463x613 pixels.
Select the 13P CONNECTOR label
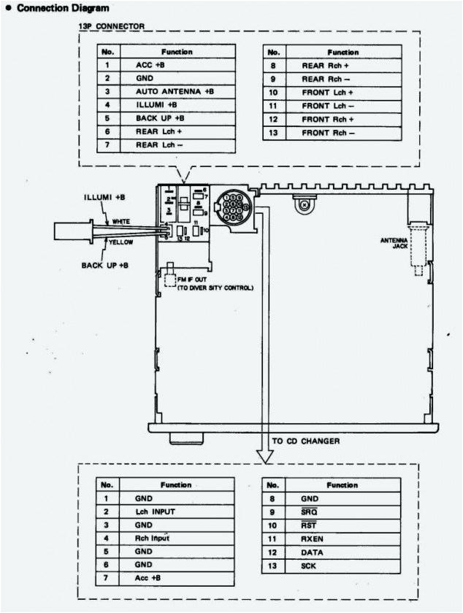111,26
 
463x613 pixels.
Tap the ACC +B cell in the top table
150,65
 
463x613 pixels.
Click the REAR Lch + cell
158,131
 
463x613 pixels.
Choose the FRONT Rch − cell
328,133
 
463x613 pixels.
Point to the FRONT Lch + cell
328,93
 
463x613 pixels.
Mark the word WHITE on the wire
121,221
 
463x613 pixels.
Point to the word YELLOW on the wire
121,242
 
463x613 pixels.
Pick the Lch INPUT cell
154,512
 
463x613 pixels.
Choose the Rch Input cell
152,539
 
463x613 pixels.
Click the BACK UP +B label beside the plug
104,264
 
